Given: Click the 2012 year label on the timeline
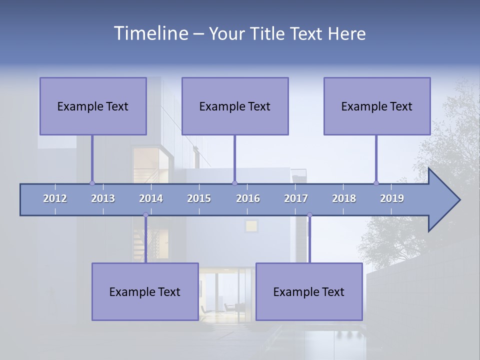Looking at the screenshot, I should (55, 198).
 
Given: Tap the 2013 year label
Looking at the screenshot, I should (103, 198).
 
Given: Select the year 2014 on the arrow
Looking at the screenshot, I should (151, 198).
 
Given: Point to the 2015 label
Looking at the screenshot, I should (199, 198).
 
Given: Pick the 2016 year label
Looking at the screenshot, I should (248, 198).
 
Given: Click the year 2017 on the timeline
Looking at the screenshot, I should (296, 198).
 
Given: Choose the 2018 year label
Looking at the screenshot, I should (344, 198).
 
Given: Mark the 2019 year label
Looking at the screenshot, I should (392, 198).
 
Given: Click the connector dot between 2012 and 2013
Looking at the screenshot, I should (92, 183).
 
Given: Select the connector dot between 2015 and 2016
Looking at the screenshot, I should (234, 183).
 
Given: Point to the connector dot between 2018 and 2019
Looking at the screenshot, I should (376, 183).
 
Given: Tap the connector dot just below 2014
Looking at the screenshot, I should (145, 215).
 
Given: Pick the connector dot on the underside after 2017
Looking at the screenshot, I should (309, 215).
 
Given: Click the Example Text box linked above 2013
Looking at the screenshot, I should (93, 106).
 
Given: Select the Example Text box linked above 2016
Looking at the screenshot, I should (235, 106).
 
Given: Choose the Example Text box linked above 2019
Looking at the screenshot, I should (377, 106).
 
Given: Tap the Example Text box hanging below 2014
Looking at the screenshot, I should (145, 291).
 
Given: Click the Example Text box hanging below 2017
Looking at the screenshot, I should (309, 291).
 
